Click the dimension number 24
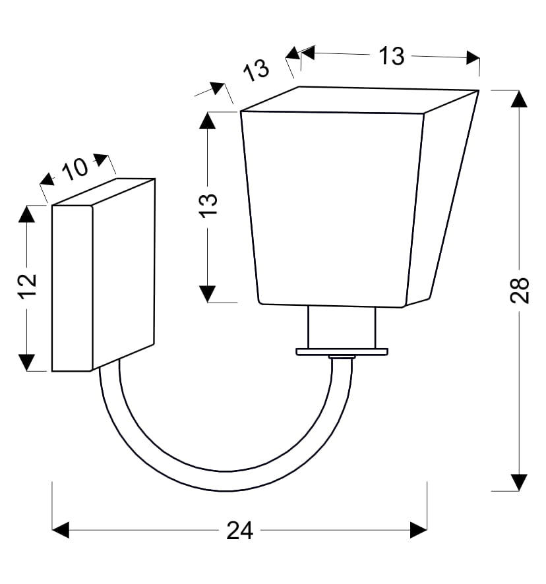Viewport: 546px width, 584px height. click(239, 531)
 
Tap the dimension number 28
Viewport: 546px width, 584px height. click(519, 290)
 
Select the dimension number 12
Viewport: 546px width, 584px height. click(27, 286)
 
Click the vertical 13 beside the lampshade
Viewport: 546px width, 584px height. click(208, 206)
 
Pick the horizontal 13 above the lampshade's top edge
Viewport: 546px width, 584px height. click(391, 56)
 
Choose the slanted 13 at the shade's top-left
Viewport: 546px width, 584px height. click(256, 70)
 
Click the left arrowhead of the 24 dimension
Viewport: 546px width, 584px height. click(61, 530)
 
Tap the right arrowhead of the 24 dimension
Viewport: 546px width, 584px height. click(419, 530)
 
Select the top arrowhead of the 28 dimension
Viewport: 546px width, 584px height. click(519, 99)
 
